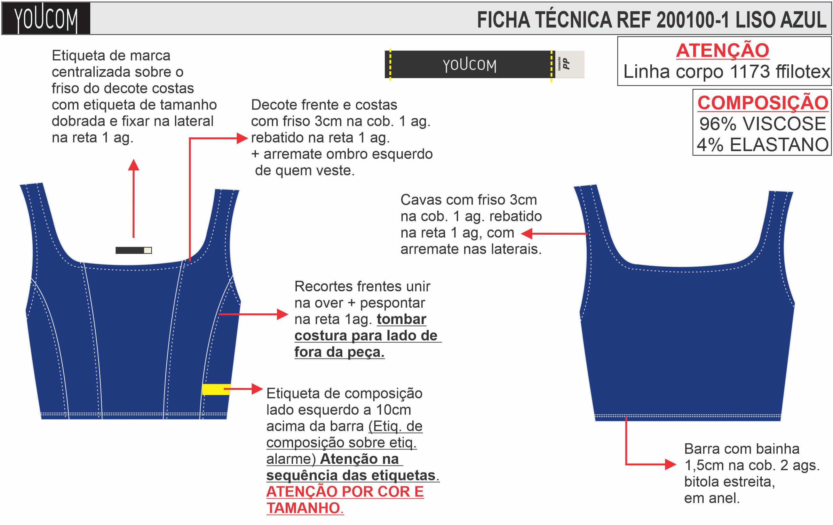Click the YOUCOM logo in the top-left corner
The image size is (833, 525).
tap(46, 19)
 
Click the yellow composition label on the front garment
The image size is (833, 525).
tap(216, 389)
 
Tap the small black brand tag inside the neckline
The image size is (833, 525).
tap(133, 250)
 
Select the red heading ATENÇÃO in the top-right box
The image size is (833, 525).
tap(722, 51)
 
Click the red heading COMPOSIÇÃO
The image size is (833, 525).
tap(762, 103)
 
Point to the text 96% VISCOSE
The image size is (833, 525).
tap(762, 124)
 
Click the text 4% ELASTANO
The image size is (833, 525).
tap(762, 144)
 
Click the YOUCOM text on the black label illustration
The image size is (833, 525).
tap(469, 65)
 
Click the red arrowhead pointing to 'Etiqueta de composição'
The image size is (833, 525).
tap(257, 389)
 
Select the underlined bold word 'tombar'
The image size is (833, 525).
tap(401, 319)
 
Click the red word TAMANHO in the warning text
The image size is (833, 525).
tap(303, 508)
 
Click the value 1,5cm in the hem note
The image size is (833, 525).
tap(704, 465)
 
